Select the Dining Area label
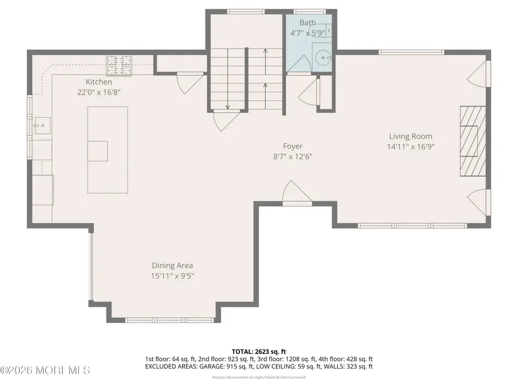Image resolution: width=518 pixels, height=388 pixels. click(x=172, y=266)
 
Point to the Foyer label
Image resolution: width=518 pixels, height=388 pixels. click(x=292, y=146)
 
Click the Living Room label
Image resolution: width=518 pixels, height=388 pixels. click(x=410, y=136)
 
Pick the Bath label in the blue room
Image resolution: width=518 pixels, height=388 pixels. click(x=307, y=23)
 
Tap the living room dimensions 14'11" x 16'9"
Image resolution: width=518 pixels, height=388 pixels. click(x=410, y=146)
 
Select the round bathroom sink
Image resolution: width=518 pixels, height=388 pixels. click(x=323, y=57)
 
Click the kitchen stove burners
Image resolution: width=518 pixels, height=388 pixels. click(x=119, y=64)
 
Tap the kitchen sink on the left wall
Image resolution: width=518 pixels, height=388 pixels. click(x=41, y=124)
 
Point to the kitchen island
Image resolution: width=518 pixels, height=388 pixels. click(x=106, y=149)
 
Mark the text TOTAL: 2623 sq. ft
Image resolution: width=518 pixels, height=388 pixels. click(x=258, y=350)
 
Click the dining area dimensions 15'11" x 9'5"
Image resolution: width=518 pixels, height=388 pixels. click(x=172, y=275)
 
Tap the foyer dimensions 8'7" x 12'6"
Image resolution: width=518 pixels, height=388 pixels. click(x=292, y=156)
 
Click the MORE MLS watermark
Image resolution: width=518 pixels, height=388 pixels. click(x=46, y=370)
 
